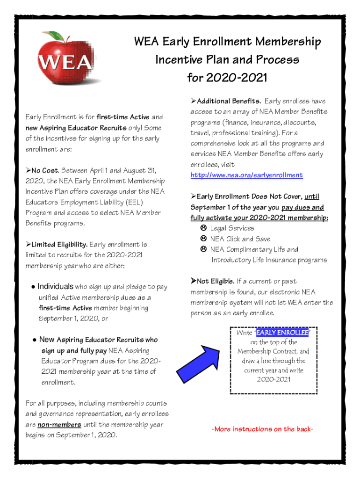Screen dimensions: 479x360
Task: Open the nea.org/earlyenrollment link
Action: coord(246,175)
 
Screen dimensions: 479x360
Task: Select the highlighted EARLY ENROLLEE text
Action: coord(281,333)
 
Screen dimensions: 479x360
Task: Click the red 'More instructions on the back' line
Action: coord(262,429)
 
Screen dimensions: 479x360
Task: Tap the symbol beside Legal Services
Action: coord(203,228)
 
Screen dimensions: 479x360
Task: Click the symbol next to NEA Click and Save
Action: coord(203,239)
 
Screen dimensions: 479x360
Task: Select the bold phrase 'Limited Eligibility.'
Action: coord(59,245)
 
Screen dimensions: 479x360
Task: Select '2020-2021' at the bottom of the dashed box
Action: coord(274,379)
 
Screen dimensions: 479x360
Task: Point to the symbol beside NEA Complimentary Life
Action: coord(203,250)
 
